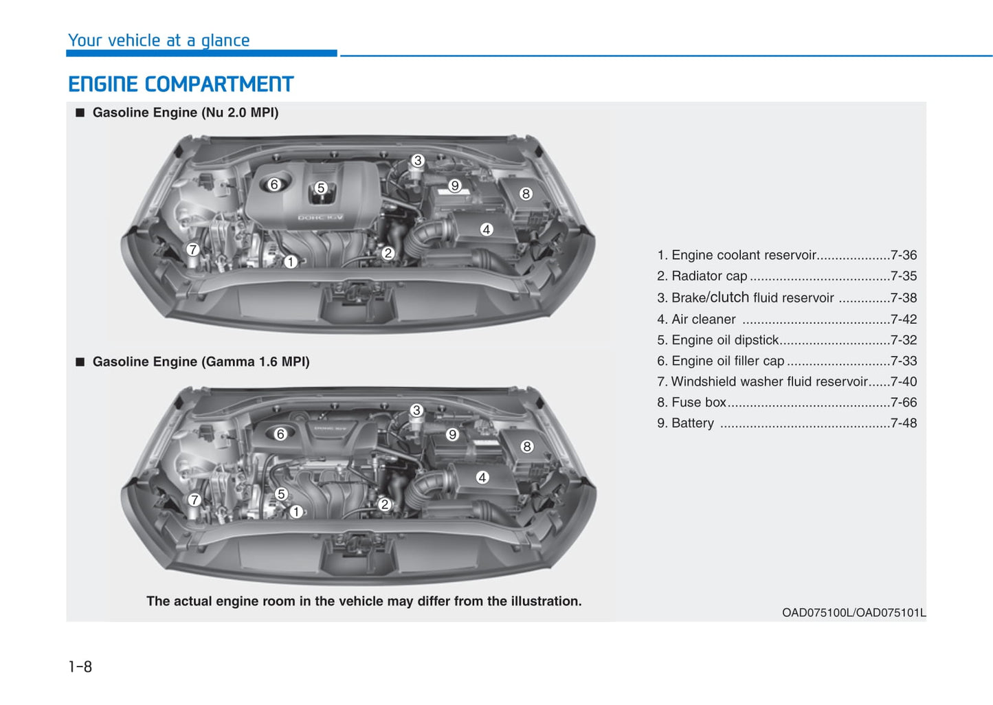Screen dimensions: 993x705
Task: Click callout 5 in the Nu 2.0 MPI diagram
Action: pos(321,188)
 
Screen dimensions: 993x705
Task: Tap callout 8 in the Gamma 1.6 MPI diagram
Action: pos(526,446)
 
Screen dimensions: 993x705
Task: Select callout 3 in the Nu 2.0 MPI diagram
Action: pos(417,161)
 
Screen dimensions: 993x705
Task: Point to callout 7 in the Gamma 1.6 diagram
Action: pos(194,500)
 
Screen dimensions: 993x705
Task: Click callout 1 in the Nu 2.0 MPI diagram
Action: pos(291,262)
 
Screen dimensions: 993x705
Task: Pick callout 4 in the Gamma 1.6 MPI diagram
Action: pos(482,477)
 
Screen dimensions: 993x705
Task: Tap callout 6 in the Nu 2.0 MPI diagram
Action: pos(274,184)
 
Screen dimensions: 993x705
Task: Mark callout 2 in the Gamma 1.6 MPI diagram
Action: pos(384,504)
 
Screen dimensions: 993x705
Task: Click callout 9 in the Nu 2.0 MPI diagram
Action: pos(454,186)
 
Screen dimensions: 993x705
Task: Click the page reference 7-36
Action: pos(904,255)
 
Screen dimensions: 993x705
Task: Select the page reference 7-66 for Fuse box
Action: pos(904,402)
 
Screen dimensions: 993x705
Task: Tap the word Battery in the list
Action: pos(693,423)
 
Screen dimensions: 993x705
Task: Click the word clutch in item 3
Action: pos(730,297)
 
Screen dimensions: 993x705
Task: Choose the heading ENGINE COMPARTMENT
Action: pos(181,85)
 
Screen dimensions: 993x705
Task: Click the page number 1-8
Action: pos(80,667)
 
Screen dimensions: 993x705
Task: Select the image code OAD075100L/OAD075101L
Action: pos(853,613)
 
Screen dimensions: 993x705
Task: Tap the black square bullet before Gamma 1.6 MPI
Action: pos(80,362)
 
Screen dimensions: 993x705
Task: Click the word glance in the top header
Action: pos(225,41)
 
